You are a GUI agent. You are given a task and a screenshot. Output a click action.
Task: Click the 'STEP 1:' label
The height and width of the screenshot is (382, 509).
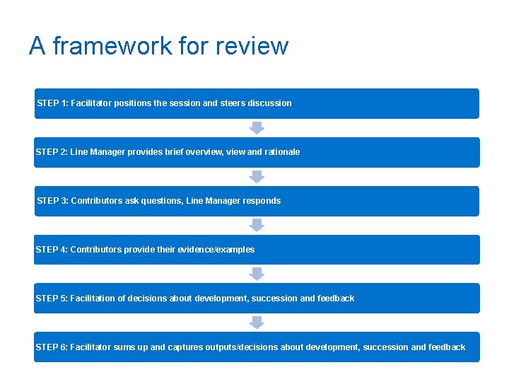click(52, 103)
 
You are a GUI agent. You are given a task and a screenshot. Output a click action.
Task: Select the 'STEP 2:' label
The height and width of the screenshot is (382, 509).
click(52, 152)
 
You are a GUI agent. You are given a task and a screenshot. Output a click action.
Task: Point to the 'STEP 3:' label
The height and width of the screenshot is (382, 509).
click(52, 201)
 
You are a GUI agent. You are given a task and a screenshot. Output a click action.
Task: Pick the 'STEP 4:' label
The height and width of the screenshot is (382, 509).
click(52, 250)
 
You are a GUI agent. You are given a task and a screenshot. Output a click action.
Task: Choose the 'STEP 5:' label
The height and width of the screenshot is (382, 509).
click(52, 299)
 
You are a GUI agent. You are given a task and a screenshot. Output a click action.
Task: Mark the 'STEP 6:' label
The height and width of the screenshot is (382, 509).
click(52, 347)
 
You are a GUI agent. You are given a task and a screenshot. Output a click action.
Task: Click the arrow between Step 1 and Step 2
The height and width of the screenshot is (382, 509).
click(257, 127)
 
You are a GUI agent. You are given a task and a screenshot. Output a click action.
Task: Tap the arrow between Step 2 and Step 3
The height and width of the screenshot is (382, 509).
click(257, 176)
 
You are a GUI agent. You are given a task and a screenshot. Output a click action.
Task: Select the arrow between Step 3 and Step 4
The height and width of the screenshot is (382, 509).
click(257, 225)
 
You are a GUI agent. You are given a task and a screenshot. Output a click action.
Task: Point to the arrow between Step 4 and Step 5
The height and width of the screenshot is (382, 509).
click(257, 274)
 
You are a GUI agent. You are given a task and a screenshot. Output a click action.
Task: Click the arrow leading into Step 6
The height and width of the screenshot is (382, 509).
click(257, 323)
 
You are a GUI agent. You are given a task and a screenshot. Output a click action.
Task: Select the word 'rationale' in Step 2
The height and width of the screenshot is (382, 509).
click(281, 152)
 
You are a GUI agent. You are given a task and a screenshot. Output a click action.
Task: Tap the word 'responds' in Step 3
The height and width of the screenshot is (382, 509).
click(262, 201)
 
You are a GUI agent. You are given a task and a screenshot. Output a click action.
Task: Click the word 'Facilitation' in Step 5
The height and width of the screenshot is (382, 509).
click(93, 299)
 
